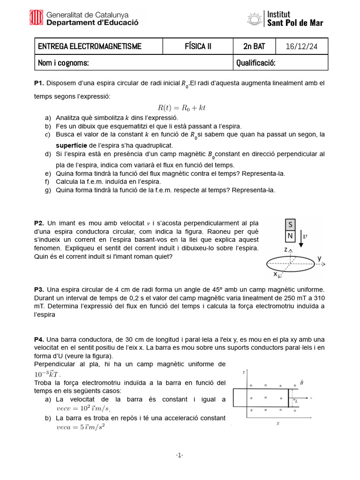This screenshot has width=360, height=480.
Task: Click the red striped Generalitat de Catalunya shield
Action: point(37,18)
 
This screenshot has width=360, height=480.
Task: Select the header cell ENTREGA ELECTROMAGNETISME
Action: point(90,46)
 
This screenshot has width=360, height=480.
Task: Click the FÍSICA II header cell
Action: point(198,46)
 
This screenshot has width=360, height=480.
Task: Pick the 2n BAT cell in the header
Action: point(254,46)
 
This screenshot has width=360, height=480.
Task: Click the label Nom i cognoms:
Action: point(63,63)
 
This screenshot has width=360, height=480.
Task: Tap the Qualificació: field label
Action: point(255,63)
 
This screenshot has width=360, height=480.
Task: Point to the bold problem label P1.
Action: point(39,83)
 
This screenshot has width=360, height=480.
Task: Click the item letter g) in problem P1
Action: point(48,190)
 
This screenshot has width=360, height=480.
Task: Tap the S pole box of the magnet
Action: point(291,225)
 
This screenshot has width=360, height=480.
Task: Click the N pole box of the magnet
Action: point(291,236)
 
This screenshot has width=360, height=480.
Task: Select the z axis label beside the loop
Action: point(285,250)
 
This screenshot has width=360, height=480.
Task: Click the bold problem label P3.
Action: point(39,290)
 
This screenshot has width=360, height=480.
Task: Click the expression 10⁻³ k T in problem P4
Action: point(47,374)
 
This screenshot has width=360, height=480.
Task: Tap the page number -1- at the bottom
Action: point(180,455)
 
